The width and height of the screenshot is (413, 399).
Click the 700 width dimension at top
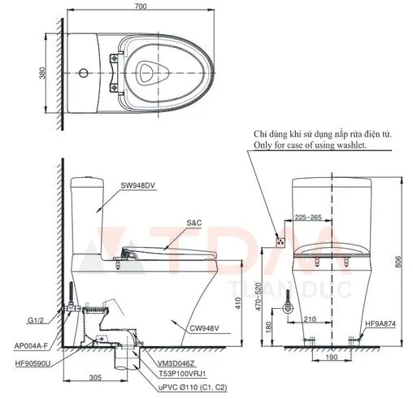click(x=141, y=7)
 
